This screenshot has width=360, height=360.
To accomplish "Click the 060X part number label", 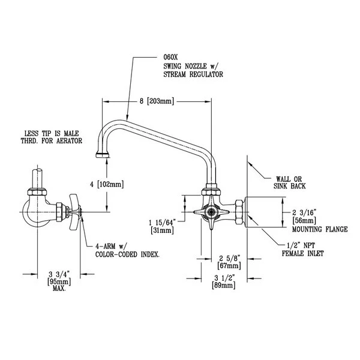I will [171, 57].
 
